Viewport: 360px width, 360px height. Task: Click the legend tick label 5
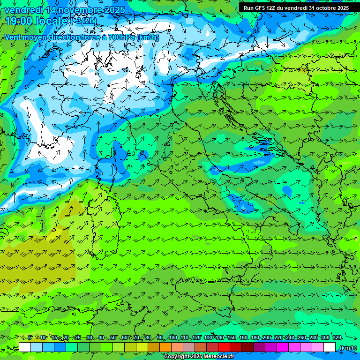[x=30, y=337]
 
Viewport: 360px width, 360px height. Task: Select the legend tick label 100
[x=173, y=337]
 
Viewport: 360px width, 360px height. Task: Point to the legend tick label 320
[x=337, y=337]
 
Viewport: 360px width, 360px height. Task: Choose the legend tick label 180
[x=255, y=337]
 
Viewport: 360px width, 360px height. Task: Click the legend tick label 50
[x=113, y=337]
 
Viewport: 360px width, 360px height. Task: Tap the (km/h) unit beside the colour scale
[x=348, y=348]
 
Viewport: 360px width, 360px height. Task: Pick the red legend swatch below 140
[x=224, y=347]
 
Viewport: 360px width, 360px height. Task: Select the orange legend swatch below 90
[x=165, y=347]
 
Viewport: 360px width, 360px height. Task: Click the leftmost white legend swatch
[x=25, y=347]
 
